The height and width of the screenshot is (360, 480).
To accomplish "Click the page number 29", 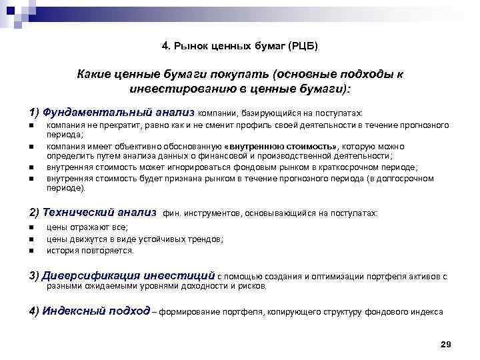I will (446, 344).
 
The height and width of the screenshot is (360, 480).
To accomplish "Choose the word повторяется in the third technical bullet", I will (105, 251).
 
